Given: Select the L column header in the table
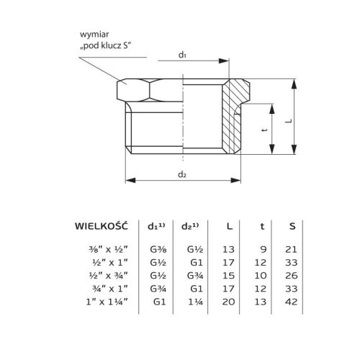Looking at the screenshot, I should click(228, 225).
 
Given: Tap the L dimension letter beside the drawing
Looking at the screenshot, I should click(307, 122).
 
